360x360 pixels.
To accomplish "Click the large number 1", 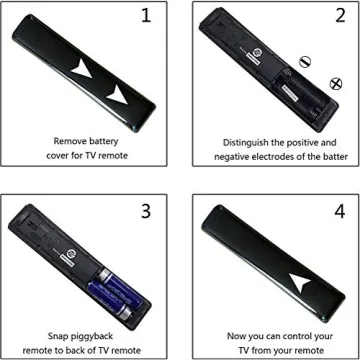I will [x=147, y=17].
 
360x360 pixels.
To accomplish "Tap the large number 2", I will [x=329, y=17].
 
